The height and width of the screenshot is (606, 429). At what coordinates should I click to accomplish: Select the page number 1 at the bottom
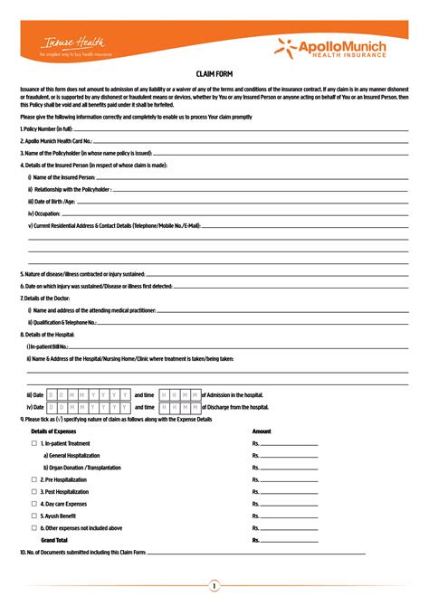214,586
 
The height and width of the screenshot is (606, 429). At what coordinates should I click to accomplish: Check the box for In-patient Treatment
33,444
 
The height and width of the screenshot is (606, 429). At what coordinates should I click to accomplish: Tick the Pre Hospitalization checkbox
33,479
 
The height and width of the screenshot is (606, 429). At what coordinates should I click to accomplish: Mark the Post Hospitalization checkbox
33,491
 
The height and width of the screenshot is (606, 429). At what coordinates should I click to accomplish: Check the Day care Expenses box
33,503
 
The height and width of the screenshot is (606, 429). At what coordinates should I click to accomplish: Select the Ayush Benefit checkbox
33,515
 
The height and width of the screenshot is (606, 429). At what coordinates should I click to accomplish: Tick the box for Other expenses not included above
33,527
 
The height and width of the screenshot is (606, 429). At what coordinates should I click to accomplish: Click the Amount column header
262,431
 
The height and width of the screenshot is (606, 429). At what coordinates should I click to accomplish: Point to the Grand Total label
54,539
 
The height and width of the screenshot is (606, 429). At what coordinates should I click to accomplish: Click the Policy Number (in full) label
47,129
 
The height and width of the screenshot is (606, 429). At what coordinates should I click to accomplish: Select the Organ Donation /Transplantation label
76,468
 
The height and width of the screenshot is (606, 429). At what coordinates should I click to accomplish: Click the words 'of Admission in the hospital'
233,394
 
